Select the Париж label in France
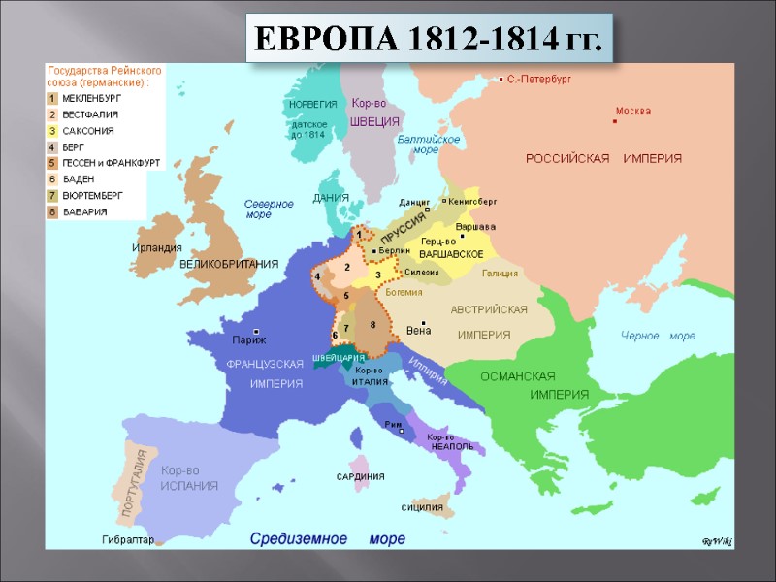249,339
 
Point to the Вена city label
418,329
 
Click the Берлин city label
394,250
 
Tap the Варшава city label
475,226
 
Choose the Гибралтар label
128,539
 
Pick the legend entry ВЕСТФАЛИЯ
90,114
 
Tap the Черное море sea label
658,336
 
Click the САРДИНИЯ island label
360,476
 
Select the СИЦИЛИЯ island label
422,507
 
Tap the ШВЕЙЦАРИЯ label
339,358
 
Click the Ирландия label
157,248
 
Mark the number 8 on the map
372,323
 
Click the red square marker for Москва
615,121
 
